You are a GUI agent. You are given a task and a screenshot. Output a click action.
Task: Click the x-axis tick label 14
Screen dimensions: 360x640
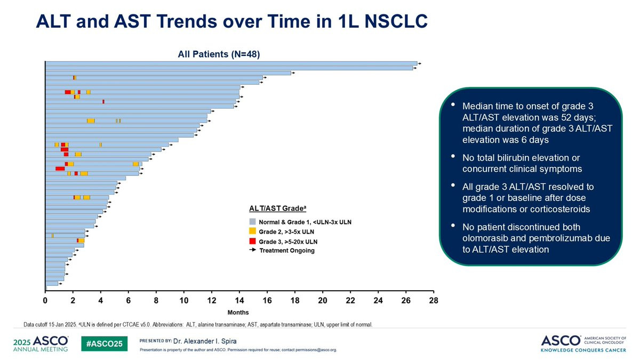click(x=239, y=301)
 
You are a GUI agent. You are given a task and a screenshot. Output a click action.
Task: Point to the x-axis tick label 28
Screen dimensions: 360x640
click(x=433, y=301)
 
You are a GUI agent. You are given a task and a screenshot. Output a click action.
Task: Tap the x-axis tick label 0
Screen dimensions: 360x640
click(x=45, y=301)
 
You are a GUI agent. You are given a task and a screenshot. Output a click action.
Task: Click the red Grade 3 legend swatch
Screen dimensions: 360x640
click(x=253, y=242)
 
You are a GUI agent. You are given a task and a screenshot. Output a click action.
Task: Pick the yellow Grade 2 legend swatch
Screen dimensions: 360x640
click(x=253, y=231)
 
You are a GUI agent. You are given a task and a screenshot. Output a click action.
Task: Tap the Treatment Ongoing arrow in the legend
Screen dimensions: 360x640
click(x=253, y=250)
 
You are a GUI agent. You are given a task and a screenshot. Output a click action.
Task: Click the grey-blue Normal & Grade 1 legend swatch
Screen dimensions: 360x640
click(x=253, y=222)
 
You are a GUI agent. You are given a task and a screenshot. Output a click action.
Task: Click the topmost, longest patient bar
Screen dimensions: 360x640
click(x=229, y=63)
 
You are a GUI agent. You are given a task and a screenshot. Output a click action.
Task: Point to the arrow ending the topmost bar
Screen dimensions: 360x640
click(x=420, y=63)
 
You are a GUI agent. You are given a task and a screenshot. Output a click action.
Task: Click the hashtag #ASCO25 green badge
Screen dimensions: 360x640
click(x=105, y=343)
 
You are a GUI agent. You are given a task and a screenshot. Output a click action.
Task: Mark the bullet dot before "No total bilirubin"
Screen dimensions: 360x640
click(x=453, y=157)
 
